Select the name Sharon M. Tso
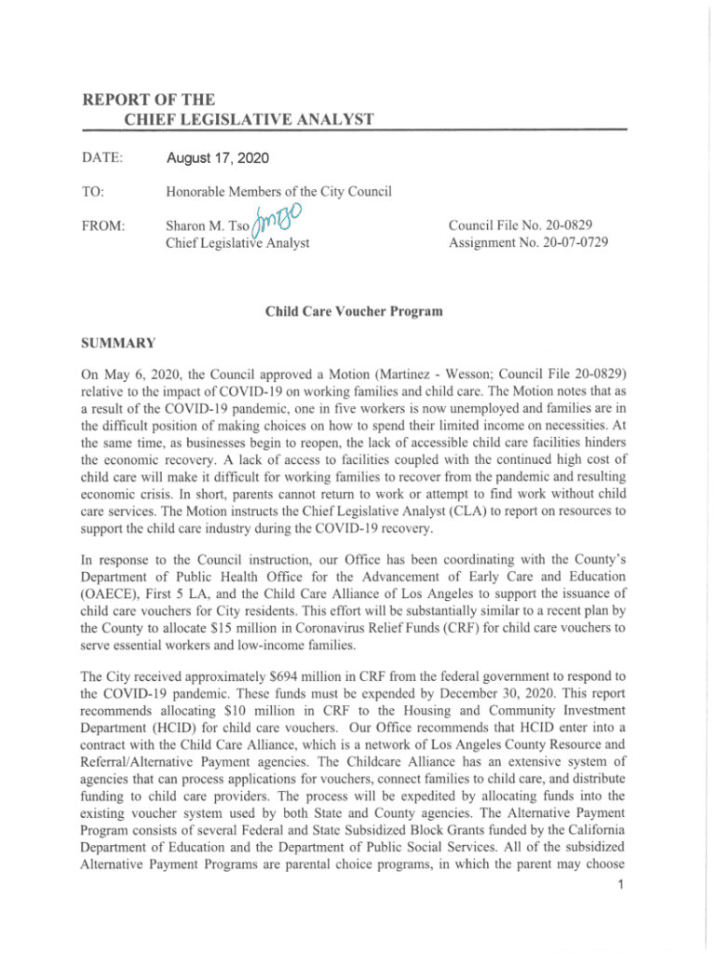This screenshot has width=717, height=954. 210,226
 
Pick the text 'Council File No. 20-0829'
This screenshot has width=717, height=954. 521,225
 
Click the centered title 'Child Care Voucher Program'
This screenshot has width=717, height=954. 353,311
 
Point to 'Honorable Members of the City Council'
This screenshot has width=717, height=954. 278,191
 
